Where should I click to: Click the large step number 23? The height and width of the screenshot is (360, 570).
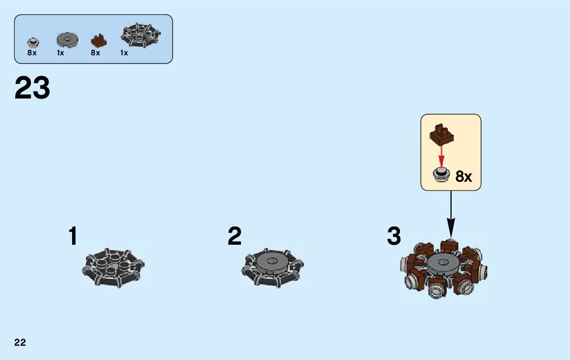pyautogui.click(x=32, y=88)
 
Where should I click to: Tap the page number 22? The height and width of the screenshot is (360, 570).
pyautogui.click(x=20, y=342)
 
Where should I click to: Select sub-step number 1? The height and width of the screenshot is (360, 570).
pyautogui.click(x=73, y=237)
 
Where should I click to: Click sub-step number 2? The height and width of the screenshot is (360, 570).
pyautogui.click(x=234, y=237)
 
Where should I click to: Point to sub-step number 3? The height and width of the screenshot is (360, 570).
pyautogui.click(x=394, y=237)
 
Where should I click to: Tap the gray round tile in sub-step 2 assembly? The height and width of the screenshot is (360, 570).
pyautogui.click(x=273, y=264)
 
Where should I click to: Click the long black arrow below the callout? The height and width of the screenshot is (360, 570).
pyautogui.click(x=450, y=213)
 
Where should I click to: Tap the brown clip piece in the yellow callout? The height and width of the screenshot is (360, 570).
pyautogui.click(x=441, y=134)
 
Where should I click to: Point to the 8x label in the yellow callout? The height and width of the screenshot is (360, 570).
pyautogui.click(x=463, y=177)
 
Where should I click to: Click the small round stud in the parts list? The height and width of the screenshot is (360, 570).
pyautogui.click(x=32, y=41)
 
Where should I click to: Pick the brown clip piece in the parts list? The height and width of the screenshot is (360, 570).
pyautogui.click(x=98, y=40)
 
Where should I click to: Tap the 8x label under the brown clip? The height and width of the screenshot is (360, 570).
pyautogui.click(x=95, y=53)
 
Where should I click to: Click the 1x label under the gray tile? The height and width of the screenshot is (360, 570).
pyautogui.click(x=60, y=53)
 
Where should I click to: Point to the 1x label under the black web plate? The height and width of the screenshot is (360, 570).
pyautogui.click(x=124, y=53)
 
